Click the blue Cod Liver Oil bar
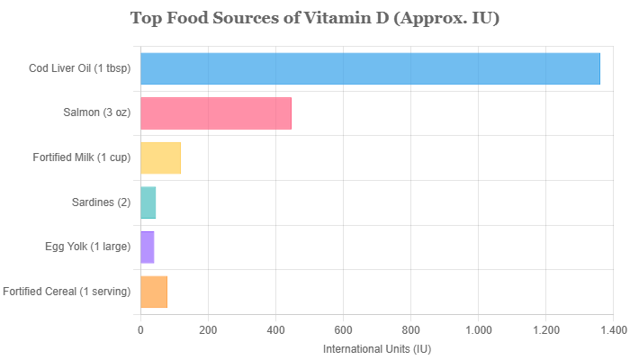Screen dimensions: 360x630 point(370,69)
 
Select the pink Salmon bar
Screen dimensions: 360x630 point(216,113)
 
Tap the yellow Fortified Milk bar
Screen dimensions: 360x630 point(161,157)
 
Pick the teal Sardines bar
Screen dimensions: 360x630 point(148,202)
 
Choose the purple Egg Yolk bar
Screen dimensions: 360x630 point(148,246)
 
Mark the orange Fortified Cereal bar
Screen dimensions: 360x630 point(154,291)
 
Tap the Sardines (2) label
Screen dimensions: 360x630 point(101,202)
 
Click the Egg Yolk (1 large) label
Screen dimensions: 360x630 point(88,246)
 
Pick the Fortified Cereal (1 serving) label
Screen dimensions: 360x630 point(67,291)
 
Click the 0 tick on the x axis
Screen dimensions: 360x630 point(140,330)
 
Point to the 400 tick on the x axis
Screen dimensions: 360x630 point(275,330)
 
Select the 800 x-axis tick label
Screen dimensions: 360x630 point(410,330)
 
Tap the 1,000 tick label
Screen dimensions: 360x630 point(478,330)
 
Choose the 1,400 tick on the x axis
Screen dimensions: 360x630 point(613,330)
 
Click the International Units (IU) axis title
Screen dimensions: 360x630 point(376,347)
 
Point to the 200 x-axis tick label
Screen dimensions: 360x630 point(208,330)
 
